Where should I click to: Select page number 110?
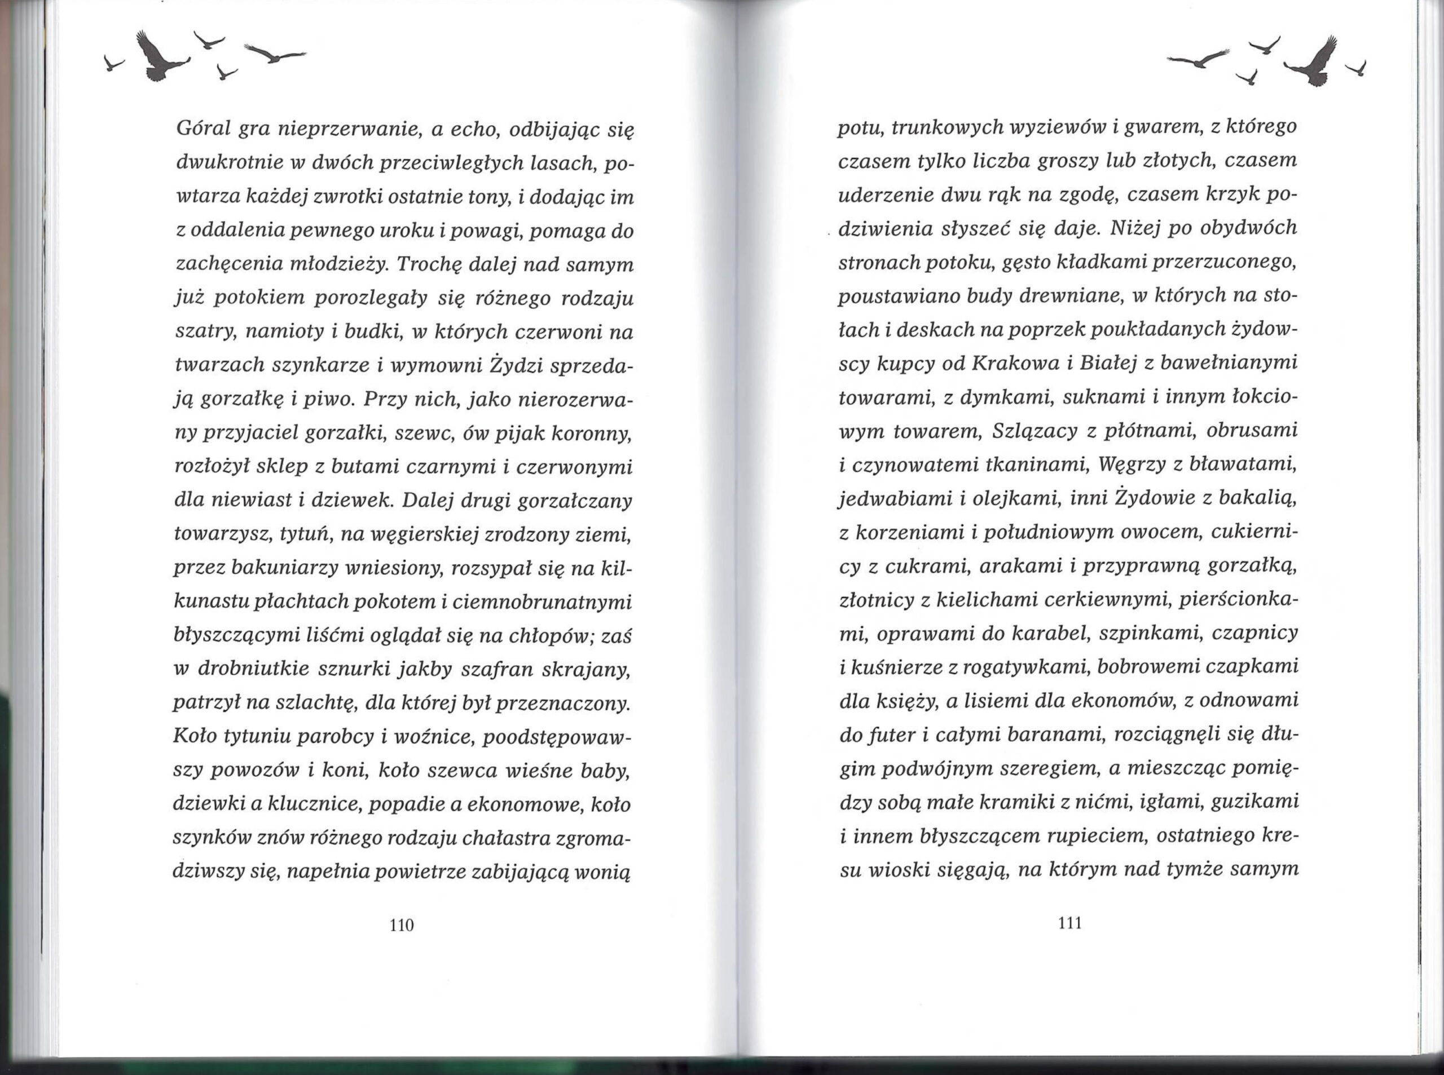[x=401, y=925]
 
